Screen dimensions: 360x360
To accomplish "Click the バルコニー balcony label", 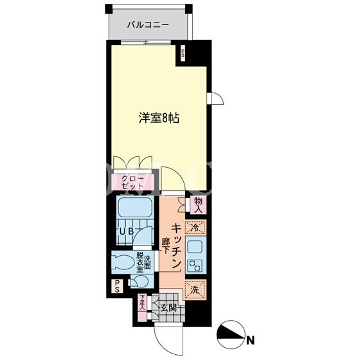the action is (x=148, y=24).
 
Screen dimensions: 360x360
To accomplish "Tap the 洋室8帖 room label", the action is (x=159, y=118).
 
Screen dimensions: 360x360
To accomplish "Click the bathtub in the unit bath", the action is (x=134, y=207).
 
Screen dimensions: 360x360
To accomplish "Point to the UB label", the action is (x=127, y=231).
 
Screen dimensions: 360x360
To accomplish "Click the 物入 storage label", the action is (x=199, y=205).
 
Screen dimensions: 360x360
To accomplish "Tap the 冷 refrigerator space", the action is (x=195, y=228).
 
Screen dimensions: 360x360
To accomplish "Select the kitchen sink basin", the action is (x=195, y=247).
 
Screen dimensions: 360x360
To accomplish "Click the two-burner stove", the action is (x=195, y=265).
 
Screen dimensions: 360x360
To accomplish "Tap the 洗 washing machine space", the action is (x=195, y=290).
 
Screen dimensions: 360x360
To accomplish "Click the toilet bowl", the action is (x=124, y=262).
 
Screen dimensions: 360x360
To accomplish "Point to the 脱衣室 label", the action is (x=140, y=262).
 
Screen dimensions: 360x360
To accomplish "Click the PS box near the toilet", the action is (x=117, y=286).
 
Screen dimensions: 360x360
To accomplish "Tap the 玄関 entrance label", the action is (x=168, y=309).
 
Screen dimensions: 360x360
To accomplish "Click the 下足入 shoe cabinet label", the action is (x=143, y=303).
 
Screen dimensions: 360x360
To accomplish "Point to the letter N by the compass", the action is (x=250, y=340).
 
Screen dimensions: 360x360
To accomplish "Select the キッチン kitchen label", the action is (x=177, y=246).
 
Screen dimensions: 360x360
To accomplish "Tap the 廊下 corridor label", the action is (x=166, y=246).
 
